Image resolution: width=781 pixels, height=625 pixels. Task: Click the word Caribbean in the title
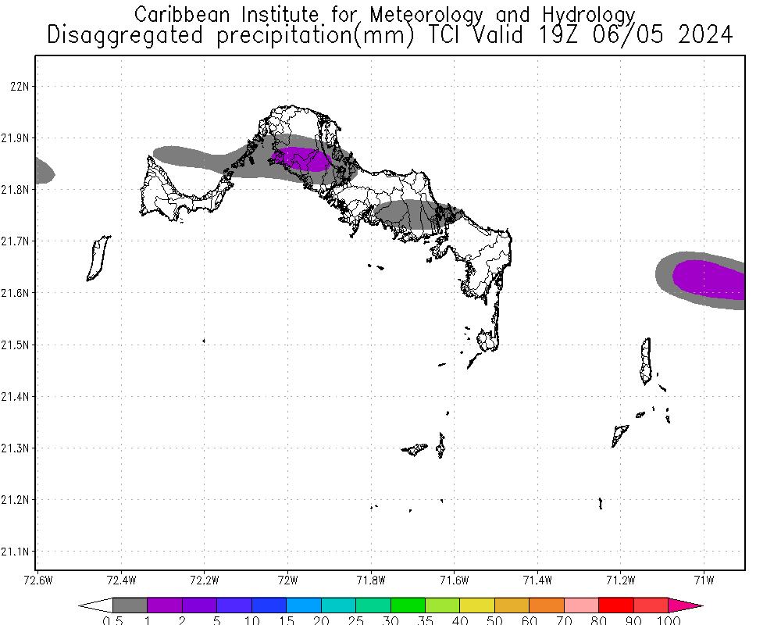(181, 15)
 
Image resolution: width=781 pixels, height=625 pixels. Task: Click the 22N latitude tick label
(19, 86)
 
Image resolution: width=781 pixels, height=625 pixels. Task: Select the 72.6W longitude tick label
(38, 580)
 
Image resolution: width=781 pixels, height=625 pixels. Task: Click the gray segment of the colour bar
(130, 605)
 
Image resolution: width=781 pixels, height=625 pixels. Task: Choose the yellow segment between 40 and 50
(477, 605)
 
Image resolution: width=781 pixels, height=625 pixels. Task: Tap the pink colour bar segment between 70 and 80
(581, 605)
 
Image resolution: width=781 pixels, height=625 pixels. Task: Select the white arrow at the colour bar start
(95, 605)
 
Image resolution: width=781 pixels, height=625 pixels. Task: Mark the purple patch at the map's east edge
(711, 280)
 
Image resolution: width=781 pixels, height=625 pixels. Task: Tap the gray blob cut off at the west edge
(43, 170)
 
